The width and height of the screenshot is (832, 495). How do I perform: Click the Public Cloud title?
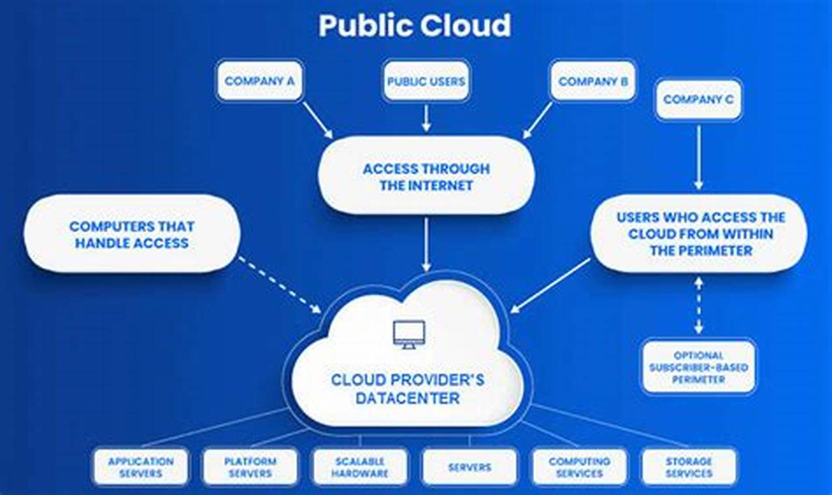415,26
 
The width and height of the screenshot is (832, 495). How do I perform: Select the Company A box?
260,81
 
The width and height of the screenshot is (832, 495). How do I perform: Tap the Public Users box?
426,81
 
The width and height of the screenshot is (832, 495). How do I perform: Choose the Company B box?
593,81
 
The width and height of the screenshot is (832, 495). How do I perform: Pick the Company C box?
699,100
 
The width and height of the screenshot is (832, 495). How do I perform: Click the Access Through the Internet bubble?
426,177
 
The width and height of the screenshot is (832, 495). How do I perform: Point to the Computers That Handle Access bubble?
132,234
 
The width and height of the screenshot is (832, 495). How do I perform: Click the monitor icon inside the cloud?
409,334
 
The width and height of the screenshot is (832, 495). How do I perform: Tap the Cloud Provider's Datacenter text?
408,388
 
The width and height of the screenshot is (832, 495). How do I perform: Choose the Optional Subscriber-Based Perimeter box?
699,367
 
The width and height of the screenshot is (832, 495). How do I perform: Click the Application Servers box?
141,467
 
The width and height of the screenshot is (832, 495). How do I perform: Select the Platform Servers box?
250,467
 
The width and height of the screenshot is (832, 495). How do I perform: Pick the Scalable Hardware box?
360,467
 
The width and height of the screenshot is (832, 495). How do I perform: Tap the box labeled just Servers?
469,467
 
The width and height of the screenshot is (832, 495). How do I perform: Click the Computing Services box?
579,467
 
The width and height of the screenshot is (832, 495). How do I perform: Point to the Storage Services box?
689,467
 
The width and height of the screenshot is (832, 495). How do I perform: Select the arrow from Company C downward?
699,156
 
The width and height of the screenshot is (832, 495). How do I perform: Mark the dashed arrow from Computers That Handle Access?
280,284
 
